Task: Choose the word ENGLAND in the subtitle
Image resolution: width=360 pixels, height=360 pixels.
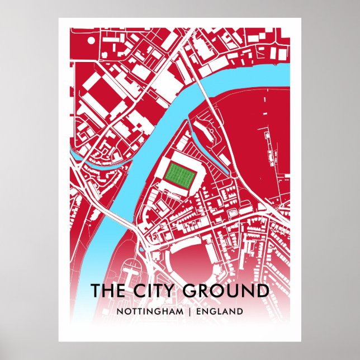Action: point(220,311)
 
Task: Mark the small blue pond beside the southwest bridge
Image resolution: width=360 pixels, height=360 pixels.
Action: point(141,250)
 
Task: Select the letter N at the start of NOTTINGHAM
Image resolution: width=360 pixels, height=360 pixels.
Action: point(119,311)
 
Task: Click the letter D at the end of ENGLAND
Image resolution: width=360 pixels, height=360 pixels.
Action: point(240,311)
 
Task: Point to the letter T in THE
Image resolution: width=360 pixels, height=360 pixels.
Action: point(96,292)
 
